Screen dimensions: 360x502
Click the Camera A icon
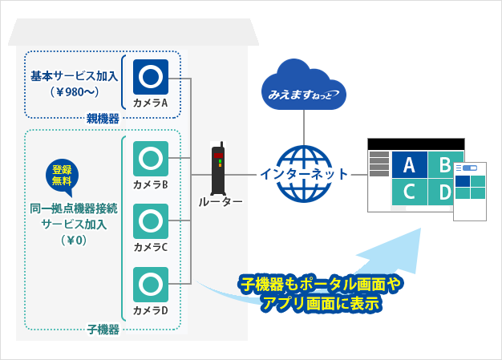coord(151,76)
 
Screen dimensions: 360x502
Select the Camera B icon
coord(151,158)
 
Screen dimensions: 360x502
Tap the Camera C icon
coord(151,220)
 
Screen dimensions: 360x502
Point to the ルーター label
coord(221,202)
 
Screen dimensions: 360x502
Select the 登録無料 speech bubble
coord(62,176)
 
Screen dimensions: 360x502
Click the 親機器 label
coord(103,119)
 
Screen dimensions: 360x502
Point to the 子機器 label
coord(103,329)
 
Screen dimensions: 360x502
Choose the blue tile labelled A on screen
coord(409,166)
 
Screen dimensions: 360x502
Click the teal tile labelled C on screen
coord(409,193)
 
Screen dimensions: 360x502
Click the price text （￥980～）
coord(73,91)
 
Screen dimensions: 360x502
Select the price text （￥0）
coord(73,240)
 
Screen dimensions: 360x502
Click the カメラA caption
coord(151,103)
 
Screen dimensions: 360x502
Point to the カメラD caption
coord(151,310)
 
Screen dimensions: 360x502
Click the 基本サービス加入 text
coord(73,76)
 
